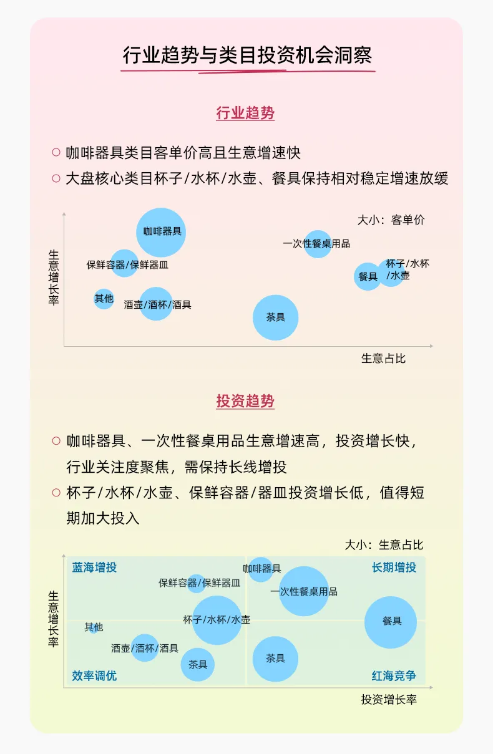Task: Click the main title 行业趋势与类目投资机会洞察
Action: pos(247,55)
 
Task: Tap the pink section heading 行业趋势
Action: pos(245,113)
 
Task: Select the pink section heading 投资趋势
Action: pos(245,401)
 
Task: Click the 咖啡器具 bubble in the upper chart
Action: pos(161,232)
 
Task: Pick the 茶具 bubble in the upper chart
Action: pos(275,317)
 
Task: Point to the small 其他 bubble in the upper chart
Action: pos(104,299)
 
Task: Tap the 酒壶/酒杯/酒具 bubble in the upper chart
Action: pos(156,304)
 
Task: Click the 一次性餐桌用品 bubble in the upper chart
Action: pos(318,244)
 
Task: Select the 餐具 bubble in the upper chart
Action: pos(368,276)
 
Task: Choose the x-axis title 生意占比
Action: pos(383,359)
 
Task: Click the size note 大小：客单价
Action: pos(391,220)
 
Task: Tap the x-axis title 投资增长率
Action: pos(389,700)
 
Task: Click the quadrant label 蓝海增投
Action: pos(94,568)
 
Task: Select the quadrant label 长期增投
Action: pos(394,568)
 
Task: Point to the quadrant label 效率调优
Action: pos(94,676)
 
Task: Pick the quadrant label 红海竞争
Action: pos(394,676)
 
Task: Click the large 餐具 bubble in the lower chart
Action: pos(391,622)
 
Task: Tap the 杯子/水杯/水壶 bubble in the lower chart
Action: pos(217,620)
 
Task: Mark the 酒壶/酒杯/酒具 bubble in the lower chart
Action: pos(145,648)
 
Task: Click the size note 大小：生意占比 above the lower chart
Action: pos(384,545)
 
